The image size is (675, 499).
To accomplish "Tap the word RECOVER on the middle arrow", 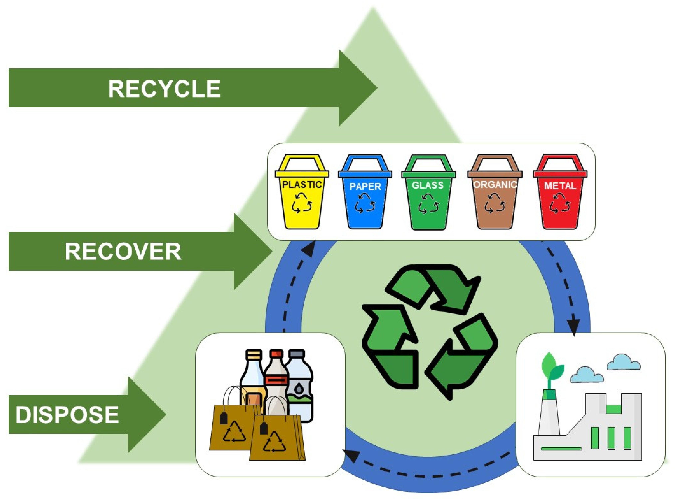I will pyautogui.click(x=123, y=252).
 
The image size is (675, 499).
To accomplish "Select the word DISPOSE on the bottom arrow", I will pyautogui.click(x=67, y=415).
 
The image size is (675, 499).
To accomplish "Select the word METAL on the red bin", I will pyautogui.click(x=560, y=186).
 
